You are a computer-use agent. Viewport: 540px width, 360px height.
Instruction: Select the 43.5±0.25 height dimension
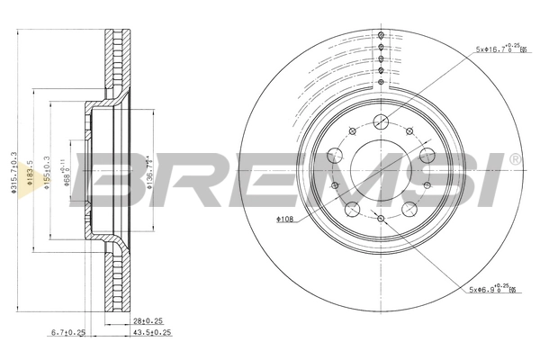[x=151, y=333]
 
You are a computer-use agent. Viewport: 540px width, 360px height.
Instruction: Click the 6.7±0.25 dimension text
[x=68, y=333]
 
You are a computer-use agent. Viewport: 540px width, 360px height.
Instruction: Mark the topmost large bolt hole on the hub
[x=381, y=121]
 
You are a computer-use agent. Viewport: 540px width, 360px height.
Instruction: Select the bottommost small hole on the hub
[x=382, y=219]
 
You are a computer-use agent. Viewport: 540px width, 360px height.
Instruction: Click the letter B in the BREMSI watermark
[x=112, y=177]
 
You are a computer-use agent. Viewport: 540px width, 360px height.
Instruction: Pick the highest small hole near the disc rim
[x=382, y=35]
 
